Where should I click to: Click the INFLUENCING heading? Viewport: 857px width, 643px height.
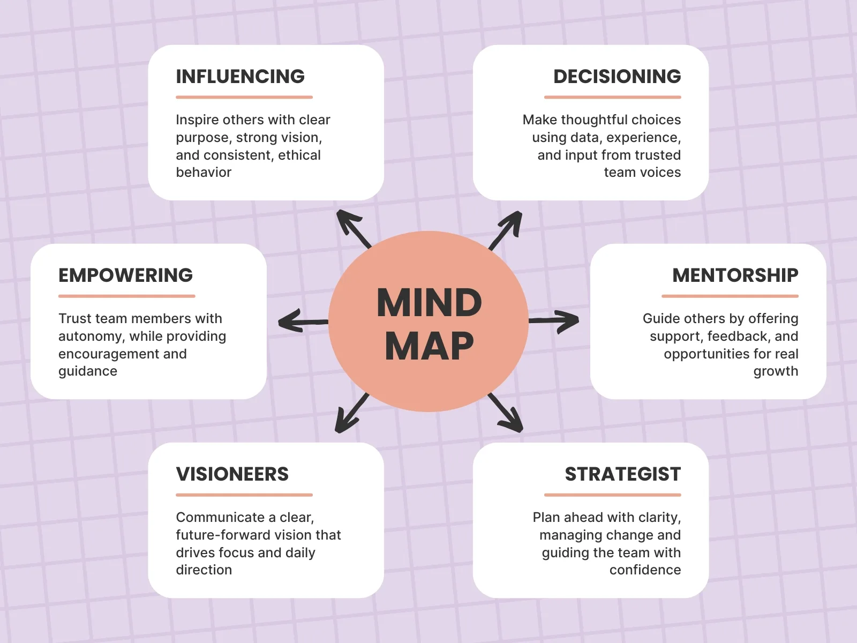pos(240,77)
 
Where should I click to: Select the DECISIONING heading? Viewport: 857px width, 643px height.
pos(617,77)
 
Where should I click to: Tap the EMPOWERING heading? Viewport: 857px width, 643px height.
pos(125,275)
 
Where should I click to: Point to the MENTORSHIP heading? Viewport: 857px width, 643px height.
pos(735,275)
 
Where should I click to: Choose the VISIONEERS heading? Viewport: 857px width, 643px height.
pos(232,474)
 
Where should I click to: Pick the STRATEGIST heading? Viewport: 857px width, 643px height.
pos(622,474)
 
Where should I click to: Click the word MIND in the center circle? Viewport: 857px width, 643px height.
pos(429,303)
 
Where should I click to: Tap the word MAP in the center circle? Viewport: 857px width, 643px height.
pos(429,346)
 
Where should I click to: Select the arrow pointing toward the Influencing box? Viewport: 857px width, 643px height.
pos(352,228)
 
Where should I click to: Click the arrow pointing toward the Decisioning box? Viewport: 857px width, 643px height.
pos(506,229)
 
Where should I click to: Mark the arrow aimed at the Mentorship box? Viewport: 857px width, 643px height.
pos(554,321)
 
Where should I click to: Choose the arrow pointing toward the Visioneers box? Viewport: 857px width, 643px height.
pos(351,413)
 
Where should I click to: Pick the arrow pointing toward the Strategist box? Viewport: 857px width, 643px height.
pos(506,413)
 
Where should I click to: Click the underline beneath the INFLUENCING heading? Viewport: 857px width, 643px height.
pos(244,98)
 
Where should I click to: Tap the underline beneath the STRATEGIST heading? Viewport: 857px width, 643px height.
pos(612,495)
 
